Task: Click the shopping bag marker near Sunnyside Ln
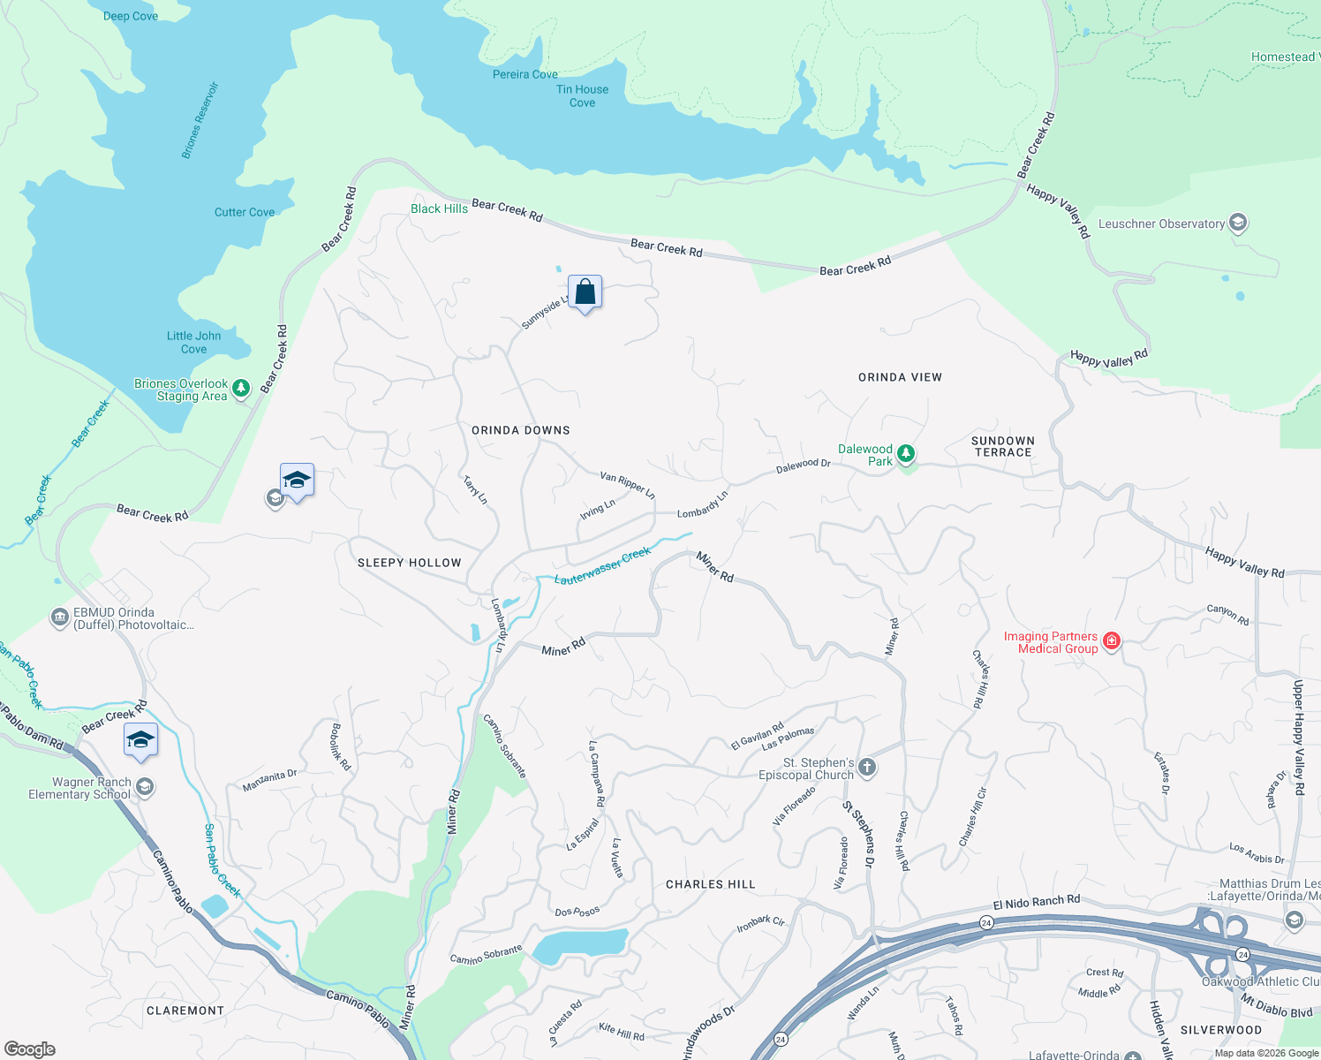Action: (x=585, y=291)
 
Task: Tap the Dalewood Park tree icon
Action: (x=905, y=454)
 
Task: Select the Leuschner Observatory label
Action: (x=1160, y=223)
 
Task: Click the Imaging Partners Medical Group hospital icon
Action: (x=1112, y=641)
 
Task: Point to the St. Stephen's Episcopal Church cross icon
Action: (x=867, y=767)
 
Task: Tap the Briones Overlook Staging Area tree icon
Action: (x=241, y=387)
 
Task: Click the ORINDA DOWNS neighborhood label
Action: (x=520, y=430)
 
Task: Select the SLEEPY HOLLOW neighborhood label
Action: (x=409, y=563)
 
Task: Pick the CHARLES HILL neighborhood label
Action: (x=710, y=884)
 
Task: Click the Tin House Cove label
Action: (x=582, y=95)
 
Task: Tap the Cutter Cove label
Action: (x=244, y=212)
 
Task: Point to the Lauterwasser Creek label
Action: (x=602, y=566)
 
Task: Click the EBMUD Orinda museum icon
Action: (x=59, y=616)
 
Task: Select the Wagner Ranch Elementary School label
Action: (x=79, y=788)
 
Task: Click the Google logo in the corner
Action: (x=29, y=1049)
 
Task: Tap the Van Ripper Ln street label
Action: (x=627, y=485)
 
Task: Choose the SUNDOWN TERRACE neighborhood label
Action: (x=1002, y=446)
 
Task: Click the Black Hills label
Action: (x=439, y=208)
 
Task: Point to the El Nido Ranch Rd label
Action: (x=1036, y=902)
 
